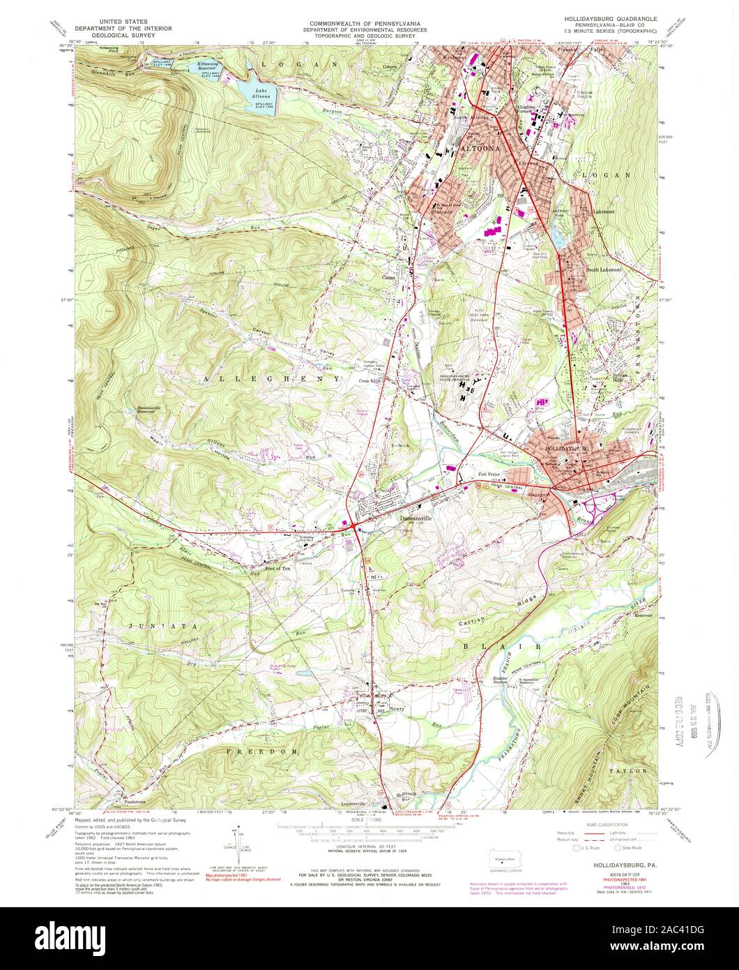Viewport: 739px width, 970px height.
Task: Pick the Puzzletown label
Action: [x=137, y=793]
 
